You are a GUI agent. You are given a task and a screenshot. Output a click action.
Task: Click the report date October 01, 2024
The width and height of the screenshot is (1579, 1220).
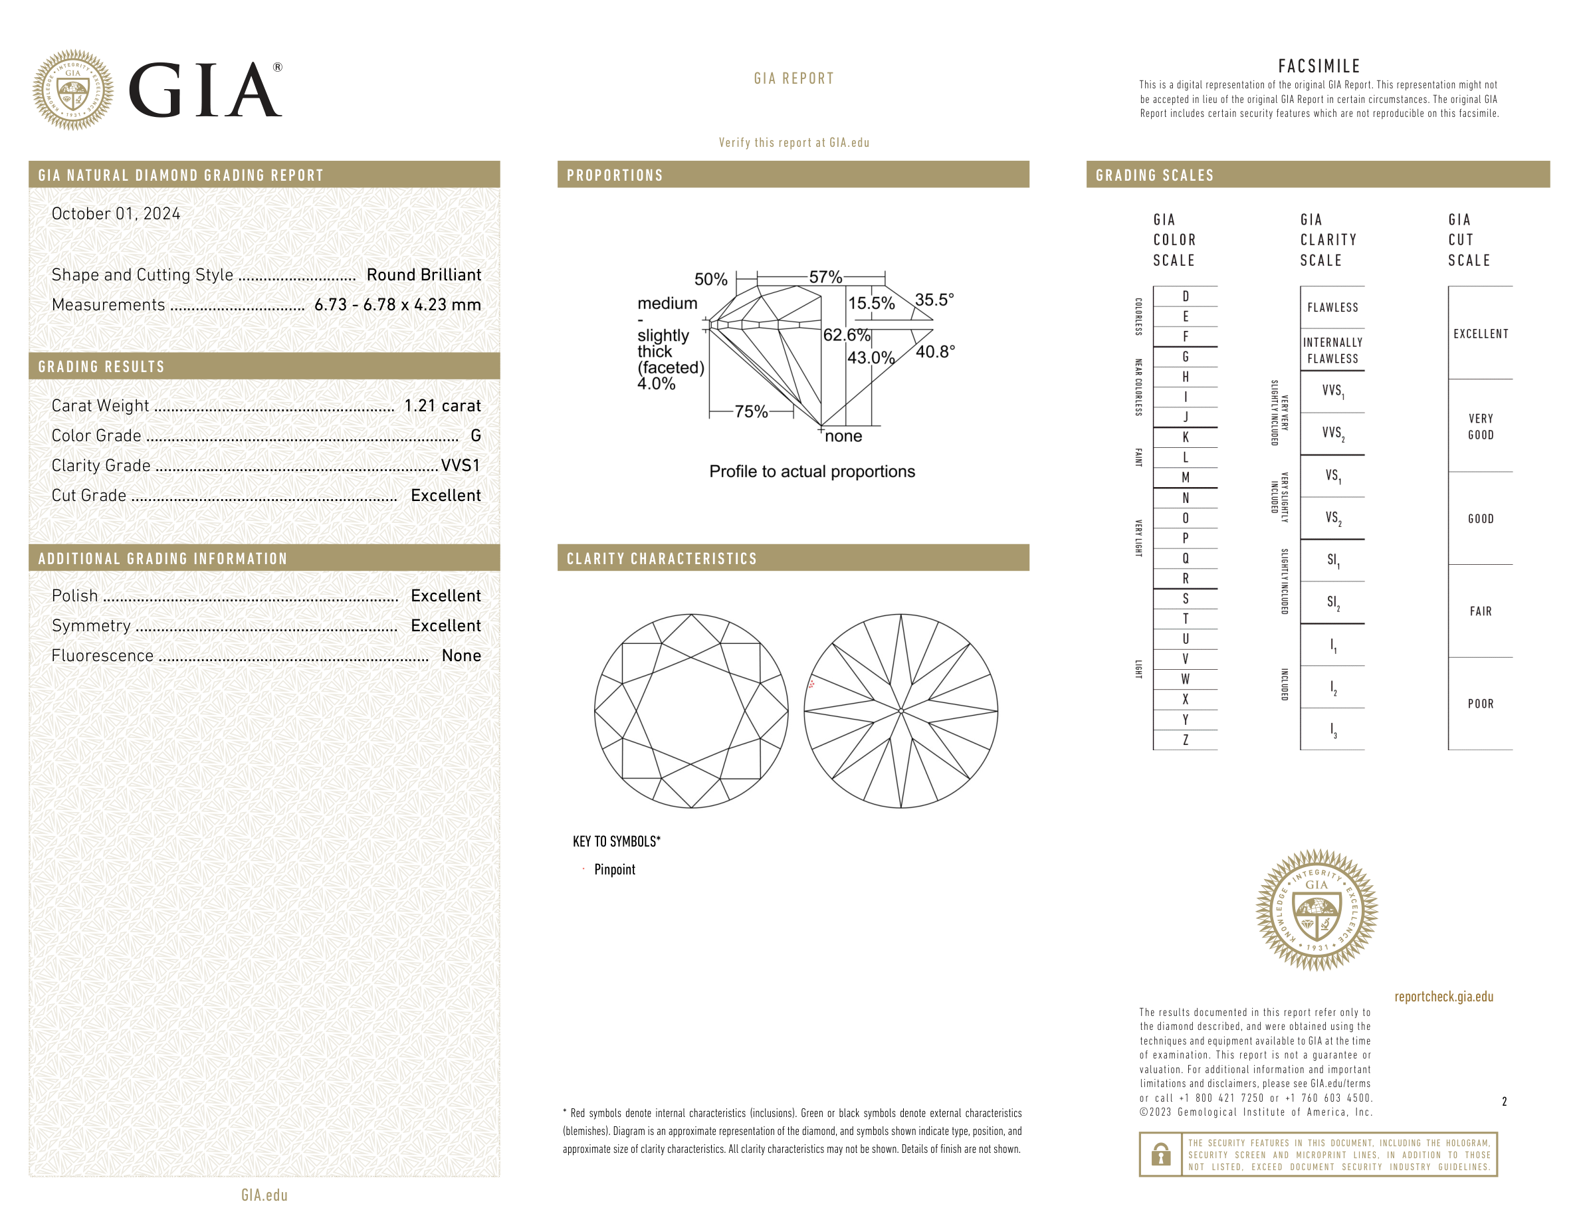click(x=116, y=214)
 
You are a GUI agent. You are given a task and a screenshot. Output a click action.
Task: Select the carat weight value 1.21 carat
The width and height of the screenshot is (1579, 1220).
click(x=443, y=405)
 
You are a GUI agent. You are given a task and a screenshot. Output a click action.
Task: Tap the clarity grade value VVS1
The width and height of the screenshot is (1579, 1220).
click(x=461, y=465)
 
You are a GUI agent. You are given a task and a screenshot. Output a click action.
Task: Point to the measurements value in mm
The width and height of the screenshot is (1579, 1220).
click(x=397, y=305)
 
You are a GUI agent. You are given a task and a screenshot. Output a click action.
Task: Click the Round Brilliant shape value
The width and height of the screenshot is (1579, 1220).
click(x=424, y=274)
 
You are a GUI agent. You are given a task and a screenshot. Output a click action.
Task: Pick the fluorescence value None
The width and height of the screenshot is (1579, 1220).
click(x=461, y=656)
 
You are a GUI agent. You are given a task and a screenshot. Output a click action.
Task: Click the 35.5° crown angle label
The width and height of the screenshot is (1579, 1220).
click(x=934, y=299)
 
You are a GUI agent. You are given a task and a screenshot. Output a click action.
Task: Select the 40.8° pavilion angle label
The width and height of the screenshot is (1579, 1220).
click(x=936, y=352)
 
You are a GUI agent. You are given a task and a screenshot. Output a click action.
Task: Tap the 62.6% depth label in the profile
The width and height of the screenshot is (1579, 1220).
click(x=847, y=335)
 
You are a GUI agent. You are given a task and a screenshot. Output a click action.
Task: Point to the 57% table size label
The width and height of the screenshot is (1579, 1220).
click(x=825, y=277)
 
